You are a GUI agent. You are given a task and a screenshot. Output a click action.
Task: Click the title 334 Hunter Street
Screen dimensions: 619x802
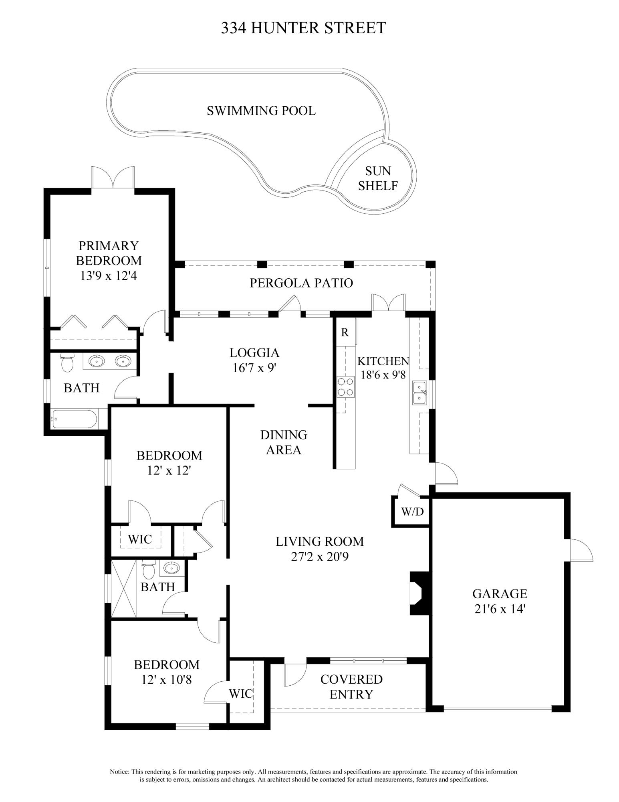[303, 28]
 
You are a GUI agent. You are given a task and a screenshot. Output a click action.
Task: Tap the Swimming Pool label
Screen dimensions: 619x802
[261, 110]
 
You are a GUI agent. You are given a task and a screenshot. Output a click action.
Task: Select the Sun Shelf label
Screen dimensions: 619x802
[378, 178]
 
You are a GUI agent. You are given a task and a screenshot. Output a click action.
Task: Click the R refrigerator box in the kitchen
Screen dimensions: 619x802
[345, 332]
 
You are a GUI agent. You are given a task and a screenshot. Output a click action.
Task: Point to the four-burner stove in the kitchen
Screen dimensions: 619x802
[345, 387]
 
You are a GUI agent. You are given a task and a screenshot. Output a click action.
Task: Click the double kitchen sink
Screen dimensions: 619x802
[419, 393]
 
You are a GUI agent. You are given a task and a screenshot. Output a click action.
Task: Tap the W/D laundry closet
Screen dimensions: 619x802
[412, 511]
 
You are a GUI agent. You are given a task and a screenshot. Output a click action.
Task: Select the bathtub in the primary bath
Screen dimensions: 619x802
[75, 419]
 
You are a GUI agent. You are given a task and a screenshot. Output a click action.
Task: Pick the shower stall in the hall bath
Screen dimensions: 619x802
[124, 589]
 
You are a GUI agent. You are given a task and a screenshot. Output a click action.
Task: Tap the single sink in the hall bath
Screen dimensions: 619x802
[173, 568]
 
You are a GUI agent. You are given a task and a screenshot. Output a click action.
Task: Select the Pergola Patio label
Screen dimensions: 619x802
[301, 283]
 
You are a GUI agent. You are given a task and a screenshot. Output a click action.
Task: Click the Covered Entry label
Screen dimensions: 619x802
[351, 687]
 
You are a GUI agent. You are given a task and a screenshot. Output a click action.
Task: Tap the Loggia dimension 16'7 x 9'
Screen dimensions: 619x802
[254, 368]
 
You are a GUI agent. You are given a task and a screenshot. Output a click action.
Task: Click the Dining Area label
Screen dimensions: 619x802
[284, 442]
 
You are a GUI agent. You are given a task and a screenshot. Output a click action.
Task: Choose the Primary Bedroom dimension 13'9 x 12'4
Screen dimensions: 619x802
[109, 276]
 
